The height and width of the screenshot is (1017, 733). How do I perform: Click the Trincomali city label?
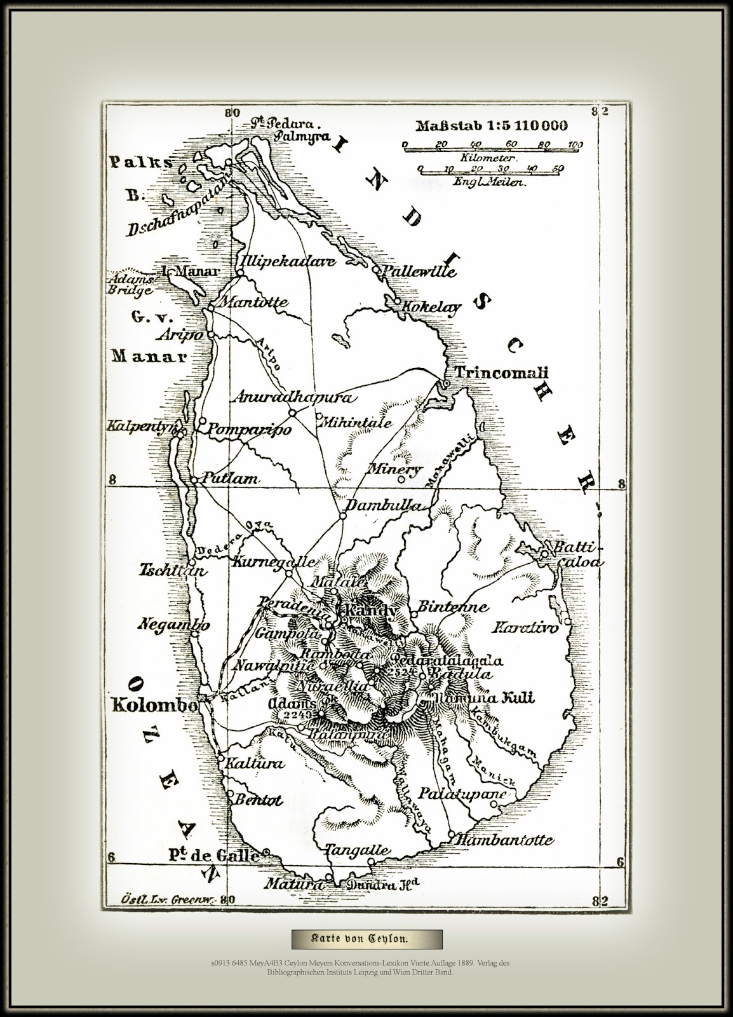501,372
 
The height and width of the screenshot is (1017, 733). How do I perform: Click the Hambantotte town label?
504,840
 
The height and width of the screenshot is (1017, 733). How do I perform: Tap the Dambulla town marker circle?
342,516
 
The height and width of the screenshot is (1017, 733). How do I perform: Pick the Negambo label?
173,625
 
